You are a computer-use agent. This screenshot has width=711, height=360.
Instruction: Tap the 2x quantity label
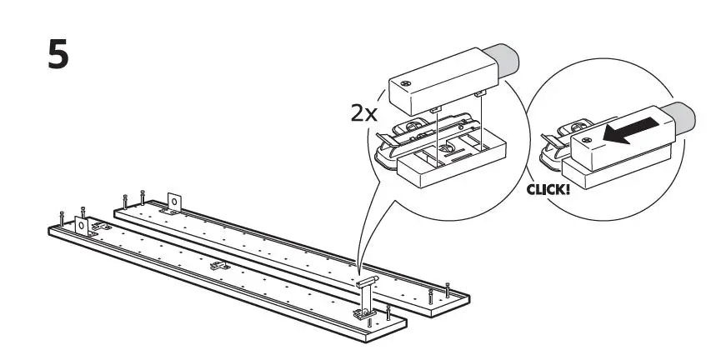[365, 112]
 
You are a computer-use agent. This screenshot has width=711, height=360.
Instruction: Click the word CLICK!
[548, 189]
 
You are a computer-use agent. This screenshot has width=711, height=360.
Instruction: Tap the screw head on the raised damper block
[406, 84]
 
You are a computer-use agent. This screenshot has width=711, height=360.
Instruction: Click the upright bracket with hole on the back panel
[175, 202]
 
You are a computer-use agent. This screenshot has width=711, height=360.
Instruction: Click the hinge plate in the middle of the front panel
[220, 266]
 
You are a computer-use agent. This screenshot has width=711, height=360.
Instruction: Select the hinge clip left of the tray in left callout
[392, 142]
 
